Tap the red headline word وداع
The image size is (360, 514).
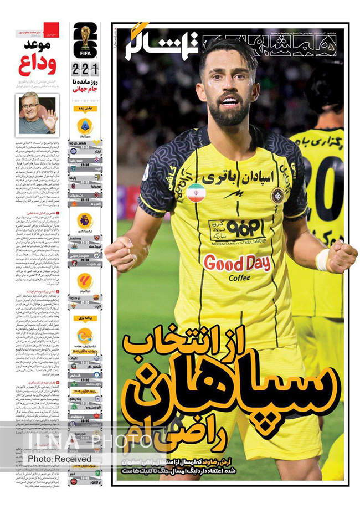(x=37, y=65)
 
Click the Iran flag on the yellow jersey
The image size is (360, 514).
(x=195, y=193)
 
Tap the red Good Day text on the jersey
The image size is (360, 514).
(x=237, y=263)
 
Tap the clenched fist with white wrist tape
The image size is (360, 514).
(x=338, y=256)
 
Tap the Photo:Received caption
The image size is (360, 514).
(x=60, y=459)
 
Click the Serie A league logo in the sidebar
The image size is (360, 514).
(x=85, y=126)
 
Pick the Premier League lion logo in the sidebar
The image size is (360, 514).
(x=85, y=220)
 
